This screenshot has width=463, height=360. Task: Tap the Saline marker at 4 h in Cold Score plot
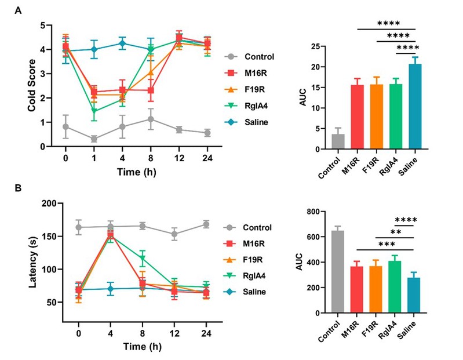pyautogui.click(x=123, y=43)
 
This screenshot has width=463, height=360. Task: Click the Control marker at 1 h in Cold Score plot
pyautogui.click(x=94, y=139)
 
